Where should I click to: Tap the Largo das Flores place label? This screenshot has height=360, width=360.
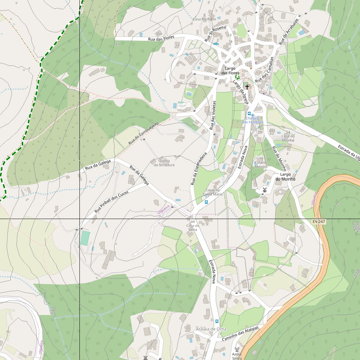click(x=230, y=70)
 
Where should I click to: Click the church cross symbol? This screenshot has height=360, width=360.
click(x=247, y=86)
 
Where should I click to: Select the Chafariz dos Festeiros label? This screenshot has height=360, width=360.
click(x=252, y=120)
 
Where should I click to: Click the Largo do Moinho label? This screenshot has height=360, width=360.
click(x=285, y=176)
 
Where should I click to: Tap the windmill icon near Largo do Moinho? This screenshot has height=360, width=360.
click(x=265, y=190)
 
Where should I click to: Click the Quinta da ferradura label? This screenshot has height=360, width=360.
click(x=161, y=163)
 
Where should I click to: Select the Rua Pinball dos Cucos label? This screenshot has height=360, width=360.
click(x=111, y=203)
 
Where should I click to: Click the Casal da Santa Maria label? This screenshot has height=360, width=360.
click(x=213, y=192)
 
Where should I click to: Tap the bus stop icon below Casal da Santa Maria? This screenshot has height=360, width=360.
click(x=206, y=202)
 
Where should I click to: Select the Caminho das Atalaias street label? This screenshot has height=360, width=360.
click(x=240, y=334)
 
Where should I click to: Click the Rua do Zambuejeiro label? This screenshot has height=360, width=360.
click(x=143, y=134)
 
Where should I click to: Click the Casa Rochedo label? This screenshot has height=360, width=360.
click(x=204, y=19)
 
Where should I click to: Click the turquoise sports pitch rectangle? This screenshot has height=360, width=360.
click(x=85, y=238)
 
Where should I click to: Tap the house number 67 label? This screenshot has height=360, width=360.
click(x=117, y=44)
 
